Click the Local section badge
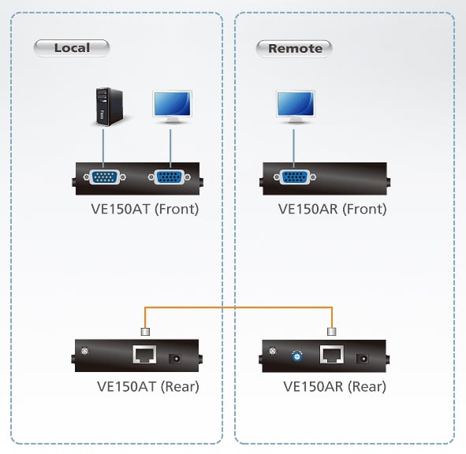tap(72, 48)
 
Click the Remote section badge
tap(294, 48)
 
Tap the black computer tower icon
tap(110, 106)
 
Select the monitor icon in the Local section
tap(173, 107)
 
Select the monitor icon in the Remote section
tap(296, 107)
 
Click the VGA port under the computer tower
tap(104, 177)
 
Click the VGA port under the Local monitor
tap(170, 177)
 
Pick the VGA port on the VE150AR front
tap(295, 177)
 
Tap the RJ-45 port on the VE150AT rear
tap(144, 354)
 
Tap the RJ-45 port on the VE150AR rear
tap(332, 355)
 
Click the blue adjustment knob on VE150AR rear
tap(296, 356)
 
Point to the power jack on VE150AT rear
tap(175, 359)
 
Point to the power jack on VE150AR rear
tap(363, 359)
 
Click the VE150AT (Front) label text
tap(145, 209)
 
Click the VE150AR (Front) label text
tap(332, 209)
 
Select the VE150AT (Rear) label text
tap(148, 386)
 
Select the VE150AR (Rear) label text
tap(334, 386)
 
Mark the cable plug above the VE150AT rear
tap(145, 332)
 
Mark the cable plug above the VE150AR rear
tap(332, 332)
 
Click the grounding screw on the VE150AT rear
tap(84, 351)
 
